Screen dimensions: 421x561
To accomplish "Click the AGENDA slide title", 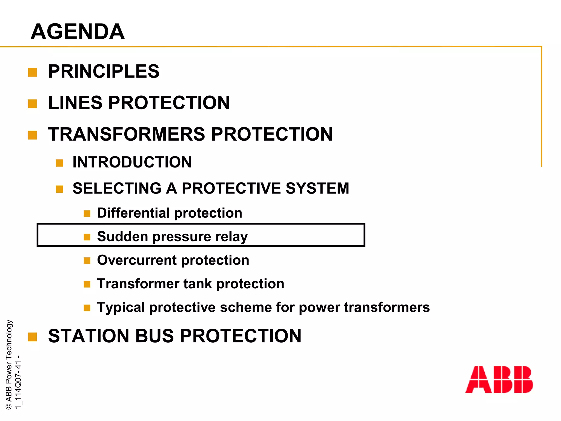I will [78, 32].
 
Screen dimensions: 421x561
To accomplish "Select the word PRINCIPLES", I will [104, 72].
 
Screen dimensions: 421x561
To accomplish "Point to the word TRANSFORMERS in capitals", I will [126, 134].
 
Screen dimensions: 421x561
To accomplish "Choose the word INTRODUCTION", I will [132, 162].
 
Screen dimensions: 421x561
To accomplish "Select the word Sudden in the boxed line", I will [122, 237].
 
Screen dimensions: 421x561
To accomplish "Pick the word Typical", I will [121, 307].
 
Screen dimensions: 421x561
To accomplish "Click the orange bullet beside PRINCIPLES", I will [32, 72].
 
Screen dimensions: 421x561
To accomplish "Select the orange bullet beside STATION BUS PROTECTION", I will [32, 337].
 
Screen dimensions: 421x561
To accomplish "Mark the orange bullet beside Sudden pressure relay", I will [87, 237].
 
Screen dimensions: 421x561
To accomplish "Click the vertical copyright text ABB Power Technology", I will [9, 365].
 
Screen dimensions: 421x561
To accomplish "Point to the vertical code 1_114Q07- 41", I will [18, 382].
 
